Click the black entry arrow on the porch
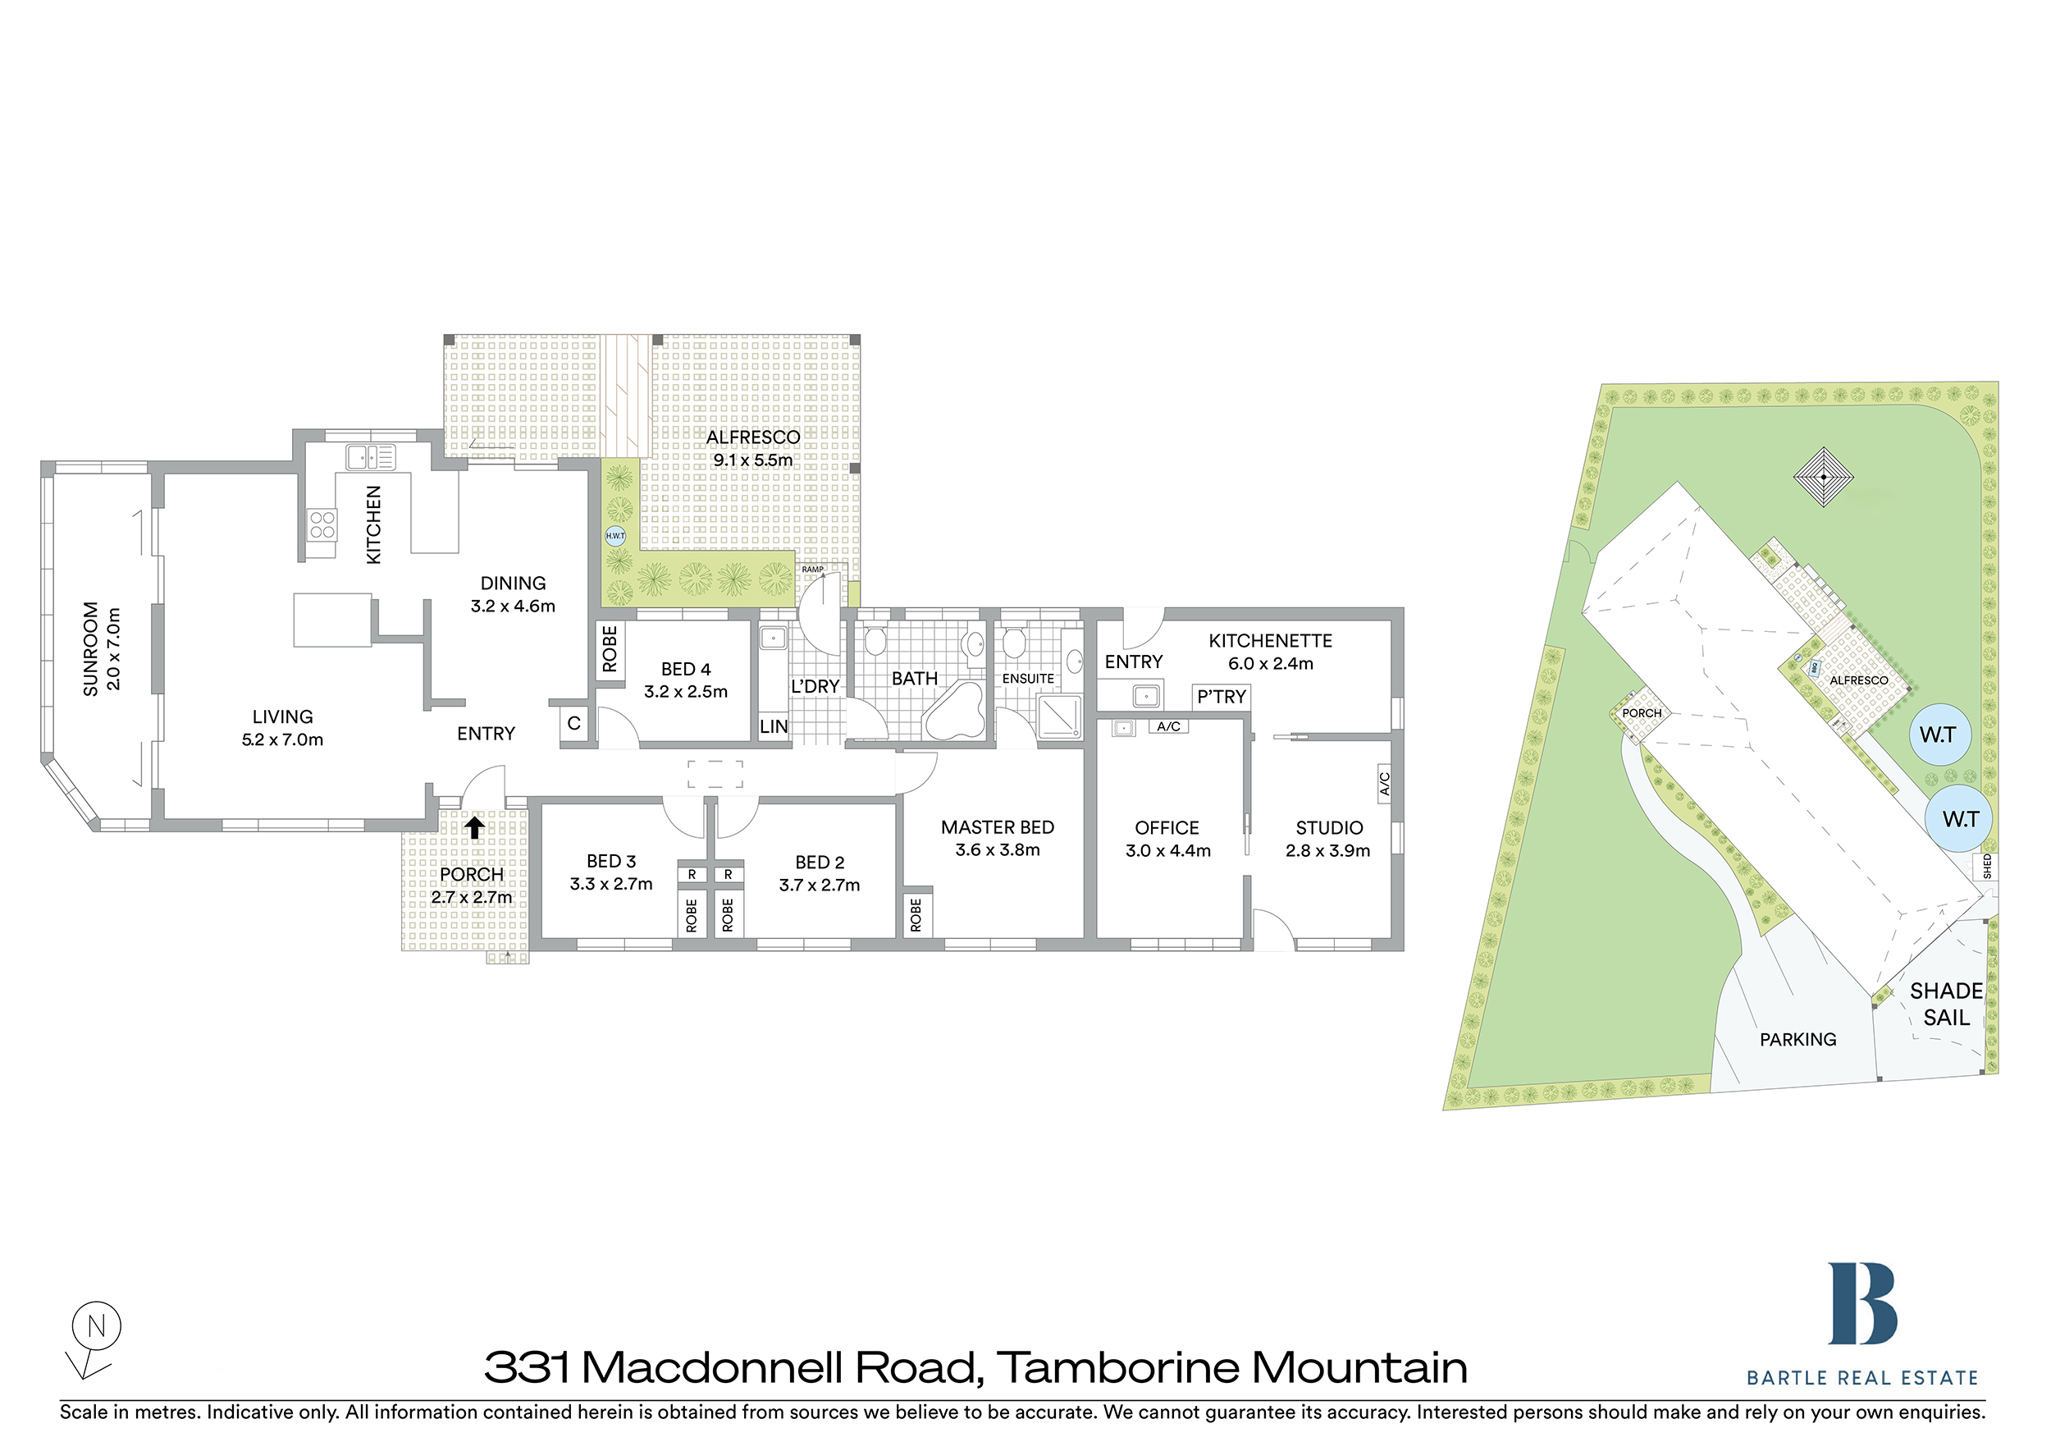click(x=474, y=828)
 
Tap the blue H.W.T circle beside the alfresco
click(x=615, y=536)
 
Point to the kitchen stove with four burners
click(x=322, y=525)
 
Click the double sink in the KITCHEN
click(x=371, y=457)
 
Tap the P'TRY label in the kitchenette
click(x=1221, y=697)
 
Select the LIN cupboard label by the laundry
click(x=774, y=726)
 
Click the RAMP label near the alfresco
click(x=812, y=569)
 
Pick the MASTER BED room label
click(x=997, y=827)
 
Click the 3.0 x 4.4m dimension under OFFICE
click(x=1167, y=850)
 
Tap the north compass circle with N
click(x=97, y=1326)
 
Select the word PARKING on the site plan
click(x=1798, y=1039)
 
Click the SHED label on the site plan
click(x=1987, y=866)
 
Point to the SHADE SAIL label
click(x=1946, y=1005)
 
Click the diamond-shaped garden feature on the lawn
click(x=1823, y=477)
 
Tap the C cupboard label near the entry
click(x=573, y=723)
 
